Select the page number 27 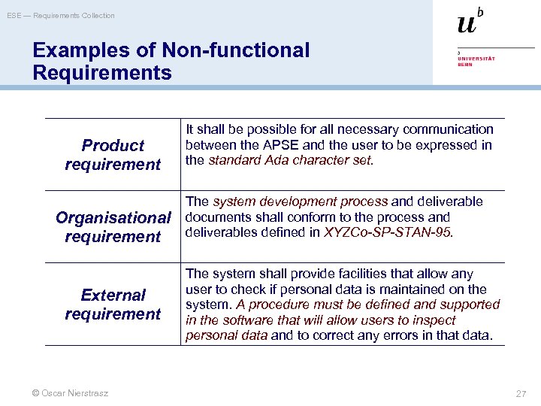[x=521, y=393]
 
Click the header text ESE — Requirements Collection [x=61, y=15]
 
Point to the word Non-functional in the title [x=246, y=50]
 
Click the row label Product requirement [x=113, y=155]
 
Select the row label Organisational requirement [x=113, y=227]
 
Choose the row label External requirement [x=113, y=304]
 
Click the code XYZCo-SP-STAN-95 [x=387, y=232]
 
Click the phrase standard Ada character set [x=289, y=160]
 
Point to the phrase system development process [x=300, y=201]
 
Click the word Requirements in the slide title [x=102, y=73]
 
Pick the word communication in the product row [x=450, y=130]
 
